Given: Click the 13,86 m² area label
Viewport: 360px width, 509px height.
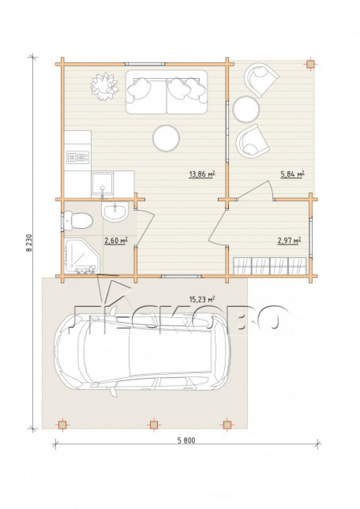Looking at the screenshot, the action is click(x=202, y=174).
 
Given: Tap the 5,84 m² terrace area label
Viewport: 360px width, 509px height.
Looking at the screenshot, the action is click(x=292, y=174).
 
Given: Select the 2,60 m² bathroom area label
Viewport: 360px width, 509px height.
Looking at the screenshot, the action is click(x=116, y=240).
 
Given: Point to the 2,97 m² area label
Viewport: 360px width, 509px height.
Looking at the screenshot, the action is click(x=289, y=240).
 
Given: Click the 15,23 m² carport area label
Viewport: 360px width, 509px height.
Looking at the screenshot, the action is click(x=202, y=299).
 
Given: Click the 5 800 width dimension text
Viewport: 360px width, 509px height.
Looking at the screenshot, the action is click(x=186, y=440).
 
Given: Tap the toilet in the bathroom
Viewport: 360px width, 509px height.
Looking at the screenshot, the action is click(x=78, y=221).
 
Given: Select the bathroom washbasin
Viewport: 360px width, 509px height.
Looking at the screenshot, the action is click(x=115, y=212).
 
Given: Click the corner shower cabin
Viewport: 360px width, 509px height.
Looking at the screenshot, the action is click(x=82, y=256).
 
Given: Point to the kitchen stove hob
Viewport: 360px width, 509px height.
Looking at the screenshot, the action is click(x=78, y=157).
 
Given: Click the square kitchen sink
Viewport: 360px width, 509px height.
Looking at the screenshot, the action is click(x=102, y=184).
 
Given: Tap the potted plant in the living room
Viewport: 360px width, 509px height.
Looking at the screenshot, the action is click(x=104, y=87).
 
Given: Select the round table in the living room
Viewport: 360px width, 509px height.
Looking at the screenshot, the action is click(x=166, y=138).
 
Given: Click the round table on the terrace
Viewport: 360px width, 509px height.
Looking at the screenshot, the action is click(x=246, y=109).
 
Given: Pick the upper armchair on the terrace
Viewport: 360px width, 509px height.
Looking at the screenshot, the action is click(x=260, y=80).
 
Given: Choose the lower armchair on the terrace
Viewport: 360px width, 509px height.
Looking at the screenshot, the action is click(x=253, y=141).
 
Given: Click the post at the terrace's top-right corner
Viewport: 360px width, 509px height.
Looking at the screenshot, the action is click(x=310, y=64).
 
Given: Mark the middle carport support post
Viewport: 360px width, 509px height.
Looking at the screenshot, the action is click(x=154, y=424).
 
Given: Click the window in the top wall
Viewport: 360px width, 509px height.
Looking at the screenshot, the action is click(x=145, y=64).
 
